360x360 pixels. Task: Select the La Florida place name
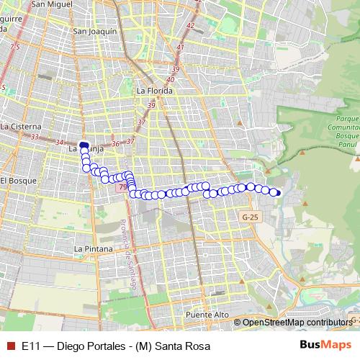click(x=153, y=91)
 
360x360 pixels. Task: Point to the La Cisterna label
click(x=19, y=126)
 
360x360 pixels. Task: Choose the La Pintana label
click(x=94, y=248)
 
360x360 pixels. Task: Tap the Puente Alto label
click(x=207, y=315)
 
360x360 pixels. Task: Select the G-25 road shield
click(x=250, y=217)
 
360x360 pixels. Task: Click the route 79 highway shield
click(x=120, y=186)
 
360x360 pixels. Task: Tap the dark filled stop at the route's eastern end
click(x=278, y=192)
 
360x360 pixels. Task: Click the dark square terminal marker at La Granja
click(x=84, y=145)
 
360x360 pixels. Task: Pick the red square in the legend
click(x=11, y=345)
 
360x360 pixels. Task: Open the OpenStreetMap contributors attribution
click(x=295, y=323)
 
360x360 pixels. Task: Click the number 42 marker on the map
click(x=190, y=26)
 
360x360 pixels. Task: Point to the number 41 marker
click(x=180, y=48)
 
